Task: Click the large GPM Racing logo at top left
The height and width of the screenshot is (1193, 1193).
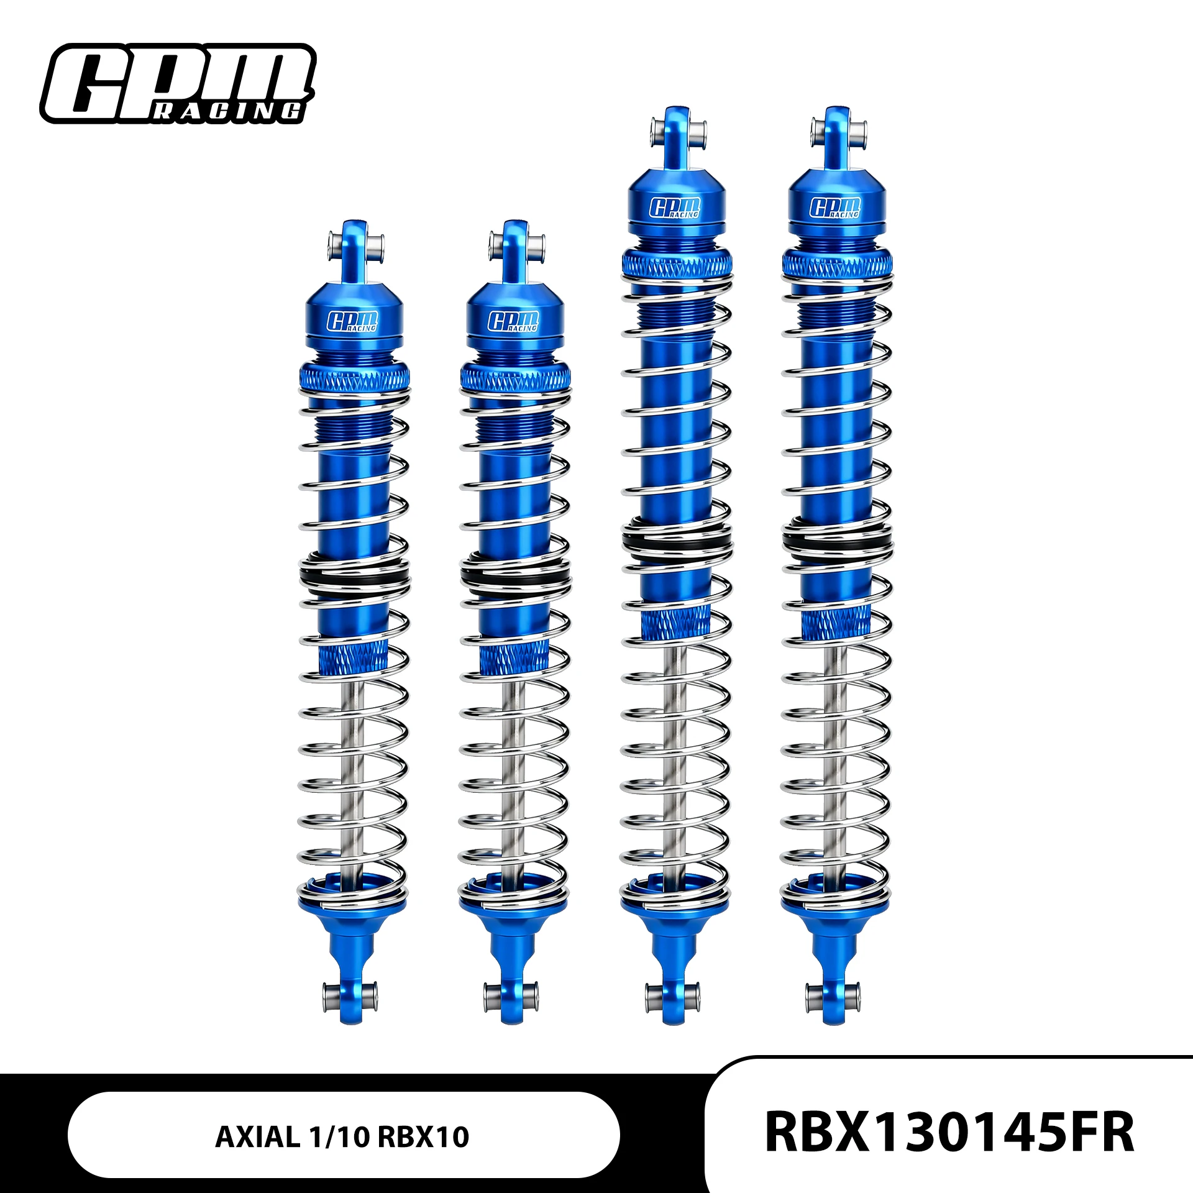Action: point(178,83)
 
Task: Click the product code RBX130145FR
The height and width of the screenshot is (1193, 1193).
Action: point(949,1132)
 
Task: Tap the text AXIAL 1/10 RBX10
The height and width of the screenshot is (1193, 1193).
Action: point(342,1137)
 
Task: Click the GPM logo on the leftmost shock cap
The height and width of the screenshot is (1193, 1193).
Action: point(353,321)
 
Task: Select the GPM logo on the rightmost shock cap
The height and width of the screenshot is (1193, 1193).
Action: point(836,208)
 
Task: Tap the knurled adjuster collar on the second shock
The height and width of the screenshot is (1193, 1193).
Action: point(515,377)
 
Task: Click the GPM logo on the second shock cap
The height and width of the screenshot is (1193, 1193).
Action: point(514,321)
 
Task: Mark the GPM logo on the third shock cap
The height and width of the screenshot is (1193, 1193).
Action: point(675,208)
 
